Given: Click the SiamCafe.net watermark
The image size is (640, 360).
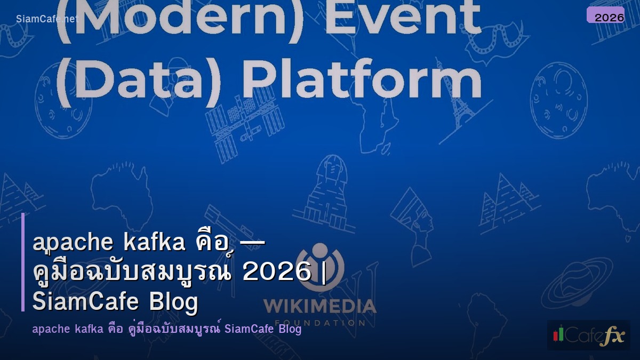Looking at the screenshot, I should tap(46, 19).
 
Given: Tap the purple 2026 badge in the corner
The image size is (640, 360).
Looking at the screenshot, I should tap(606, 16).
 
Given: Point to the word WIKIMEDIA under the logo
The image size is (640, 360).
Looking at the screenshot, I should tap(319, 306).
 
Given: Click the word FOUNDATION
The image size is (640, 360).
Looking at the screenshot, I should tap(319, 323).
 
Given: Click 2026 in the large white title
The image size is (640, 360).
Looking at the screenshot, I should tap(277, 273).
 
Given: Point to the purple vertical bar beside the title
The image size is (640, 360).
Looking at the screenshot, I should tap(23, 262).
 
